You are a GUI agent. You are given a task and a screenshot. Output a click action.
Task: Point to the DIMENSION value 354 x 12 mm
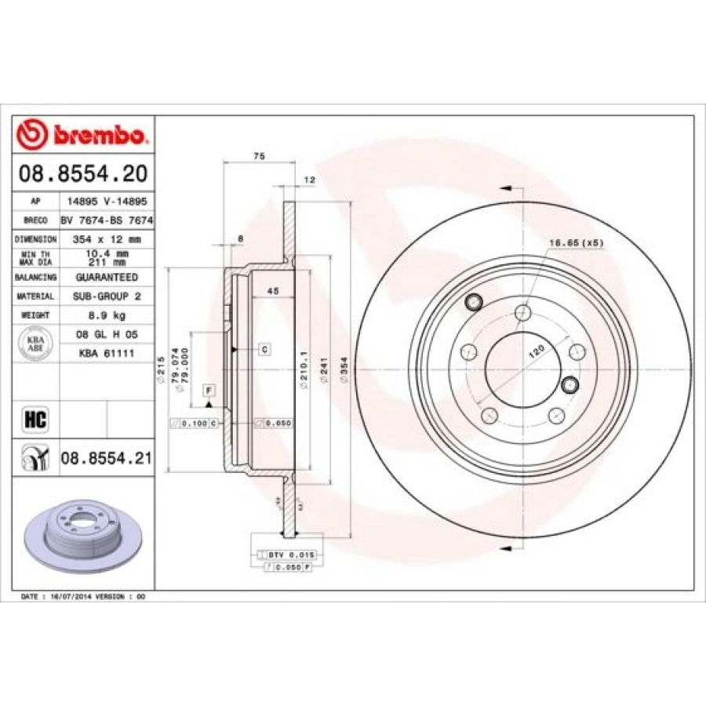(x=105, y=238)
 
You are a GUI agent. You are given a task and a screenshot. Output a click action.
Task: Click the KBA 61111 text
(x=105, y=353)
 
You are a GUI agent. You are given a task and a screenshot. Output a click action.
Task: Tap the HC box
(x=36, y=420)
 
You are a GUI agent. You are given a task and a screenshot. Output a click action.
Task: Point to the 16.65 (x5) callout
(x=575, y=244)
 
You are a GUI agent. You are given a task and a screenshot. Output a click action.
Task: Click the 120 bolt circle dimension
(x=536, y=351)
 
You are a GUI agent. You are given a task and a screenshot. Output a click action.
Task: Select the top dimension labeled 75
(x=260, y=157)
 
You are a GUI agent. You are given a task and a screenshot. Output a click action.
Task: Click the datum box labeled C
(x=264, y=349)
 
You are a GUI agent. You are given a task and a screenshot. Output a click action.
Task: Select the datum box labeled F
(x=209, y=390)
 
